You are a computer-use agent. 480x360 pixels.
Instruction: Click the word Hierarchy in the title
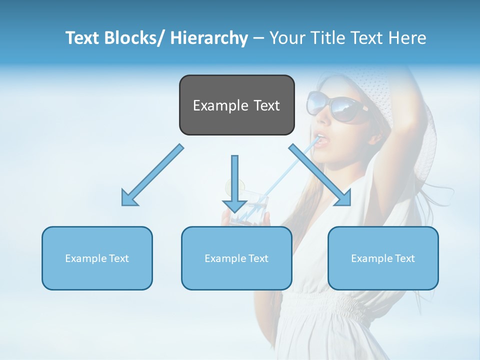pos(208,38)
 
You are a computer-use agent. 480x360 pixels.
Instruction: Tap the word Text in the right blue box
pos(404,258)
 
